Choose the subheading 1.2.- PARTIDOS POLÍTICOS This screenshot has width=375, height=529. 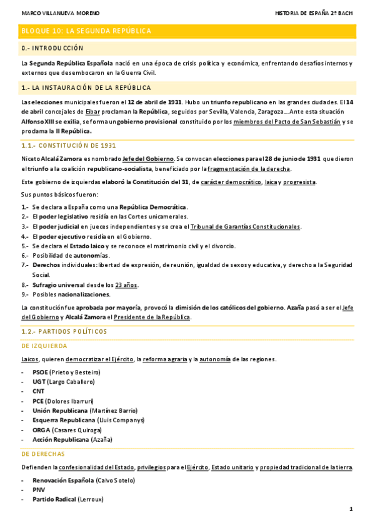(64, 331)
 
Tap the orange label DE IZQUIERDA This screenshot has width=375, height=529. (44, 345)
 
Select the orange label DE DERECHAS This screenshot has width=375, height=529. (43, 454)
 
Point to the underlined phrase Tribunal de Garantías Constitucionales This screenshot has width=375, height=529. (245, 226)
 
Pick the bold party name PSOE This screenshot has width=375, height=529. (40, 372)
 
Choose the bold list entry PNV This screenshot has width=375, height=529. (39, 490)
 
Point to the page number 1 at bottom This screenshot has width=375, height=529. (351, 509)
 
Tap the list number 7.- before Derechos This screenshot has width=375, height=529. (24, 265)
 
